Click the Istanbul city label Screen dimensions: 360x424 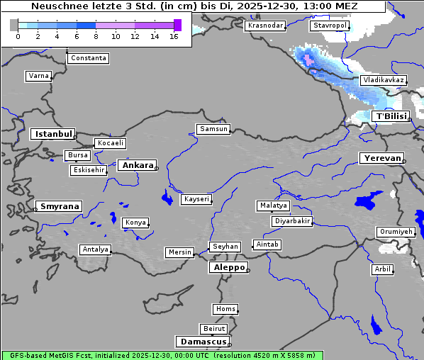tap(53, 133)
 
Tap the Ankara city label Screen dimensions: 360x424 tap(137, 165)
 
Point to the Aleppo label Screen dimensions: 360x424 tap(228, 267)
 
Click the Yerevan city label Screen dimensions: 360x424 tap(381, 158)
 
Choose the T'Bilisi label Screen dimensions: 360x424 tap(391, 116)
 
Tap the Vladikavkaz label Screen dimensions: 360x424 tap(383, 80)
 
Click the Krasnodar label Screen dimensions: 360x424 tap(265, 26)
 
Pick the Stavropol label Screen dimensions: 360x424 tap(330, 26)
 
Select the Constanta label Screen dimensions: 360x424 tap(89, 58)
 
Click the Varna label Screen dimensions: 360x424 tap(38, 76)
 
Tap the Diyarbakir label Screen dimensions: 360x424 tap(291, 221)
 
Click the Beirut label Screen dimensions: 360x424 tap(214, 329)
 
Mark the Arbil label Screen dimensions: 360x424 tap(382, 269)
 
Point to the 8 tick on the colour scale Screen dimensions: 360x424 tap(96, 36)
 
